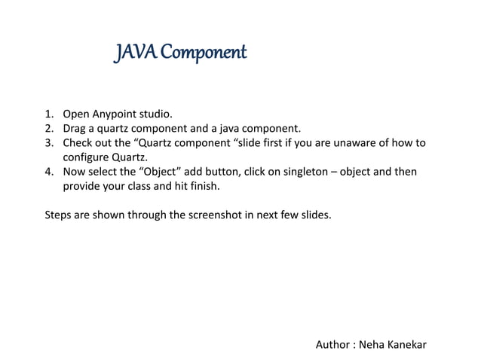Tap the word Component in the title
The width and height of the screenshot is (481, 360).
pyautogui.click(x=199, y=55)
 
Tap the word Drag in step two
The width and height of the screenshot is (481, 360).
pyautogui.click(x=75, y=129)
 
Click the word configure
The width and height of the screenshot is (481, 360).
pyautogui.click(x=86, y=157)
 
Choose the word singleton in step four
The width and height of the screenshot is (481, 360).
pyautogui.click(x=301, y=172)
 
